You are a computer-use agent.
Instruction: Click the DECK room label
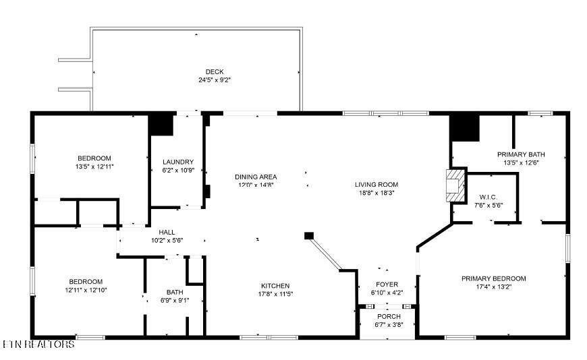pyautogui.click(x=215, y=72)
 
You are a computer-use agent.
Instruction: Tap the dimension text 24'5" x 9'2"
pyautogui.click(x=215, y=80)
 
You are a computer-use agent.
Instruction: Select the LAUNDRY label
pyautogui.click(x=178, y=162)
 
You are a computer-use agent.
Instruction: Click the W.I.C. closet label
pyautogui.click(x=488, y=198)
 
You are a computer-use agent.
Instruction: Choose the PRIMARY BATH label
pyautogui.click(x=521, y=154)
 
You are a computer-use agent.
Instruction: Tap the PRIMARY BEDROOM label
pyautogui.click(x=493, y=279)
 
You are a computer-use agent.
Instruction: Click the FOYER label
pyautogui.click(x=387, y=284)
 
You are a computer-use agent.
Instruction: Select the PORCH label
pyautogui.click(x=389, y=317)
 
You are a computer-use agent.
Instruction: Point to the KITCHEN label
pyautogui.click(x=275, y=286)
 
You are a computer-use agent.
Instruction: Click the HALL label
pyautogui.click(x=167, y=233)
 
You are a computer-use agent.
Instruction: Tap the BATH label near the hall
pyautogui.click(x=175, y=293)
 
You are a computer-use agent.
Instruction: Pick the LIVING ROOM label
pyautogui.click(x=376, y=185)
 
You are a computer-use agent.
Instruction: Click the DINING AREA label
pyautogui.click(x=256, y=177)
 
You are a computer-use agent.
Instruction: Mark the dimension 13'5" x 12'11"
pyautogui.click(x=94, y=167)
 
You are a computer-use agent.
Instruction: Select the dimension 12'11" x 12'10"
pyautogui.click(x=86, y=290)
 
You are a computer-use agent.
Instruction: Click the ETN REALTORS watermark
pyautogui.click(x=38, y=344)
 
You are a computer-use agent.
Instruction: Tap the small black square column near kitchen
pyautogui.click(x=308, y=236)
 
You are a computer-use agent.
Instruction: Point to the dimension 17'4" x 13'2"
pyautogui.click(x=493, y=287)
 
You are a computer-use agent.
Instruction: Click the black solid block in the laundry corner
pyautogui.click(x=161, y=125)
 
